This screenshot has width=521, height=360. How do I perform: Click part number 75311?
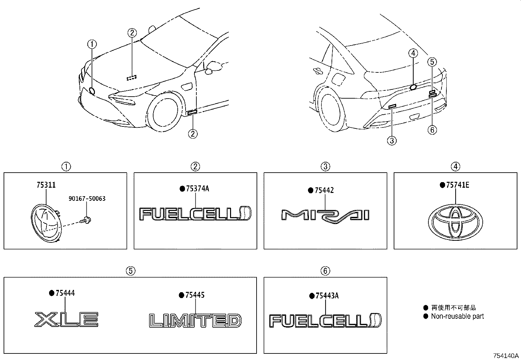click(46, 185)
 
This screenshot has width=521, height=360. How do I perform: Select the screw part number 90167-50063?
click(87, 199)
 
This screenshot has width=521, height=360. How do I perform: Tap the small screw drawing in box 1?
click(87, 219)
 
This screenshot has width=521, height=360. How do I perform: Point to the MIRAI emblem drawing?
click(325, 216)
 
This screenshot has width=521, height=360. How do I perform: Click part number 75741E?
click(457, 185)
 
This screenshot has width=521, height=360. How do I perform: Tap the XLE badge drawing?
click(66, 319)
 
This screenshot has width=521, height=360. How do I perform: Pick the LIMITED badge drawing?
click(195, 320)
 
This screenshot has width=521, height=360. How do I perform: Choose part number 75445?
click(195, 295)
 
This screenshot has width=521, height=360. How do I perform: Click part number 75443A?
click(327, 296)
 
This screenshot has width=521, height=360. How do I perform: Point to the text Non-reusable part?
click(457, 316)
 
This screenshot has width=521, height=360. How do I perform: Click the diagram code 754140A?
click(506, 356)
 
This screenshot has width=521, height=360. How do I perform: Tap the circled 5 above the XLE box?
click(130, 271)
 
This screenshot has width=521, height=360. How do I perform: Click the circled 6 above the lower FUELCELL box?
click(325, 271)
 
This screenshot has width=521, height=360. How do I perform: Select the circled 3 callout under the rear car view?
click(392, 141)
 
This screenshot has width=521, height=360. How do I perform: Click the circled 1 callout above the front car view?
click(92, 44)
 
